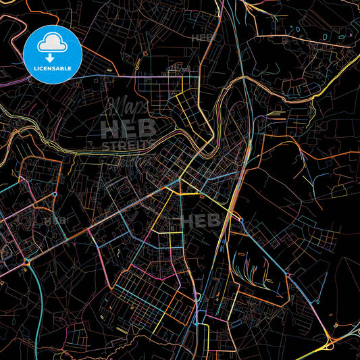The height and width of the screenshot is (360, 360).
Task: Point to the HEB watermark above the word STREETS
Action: point(128,128)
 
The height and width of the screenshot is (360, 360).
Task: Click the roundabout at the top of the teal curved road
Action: point(53,195)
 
